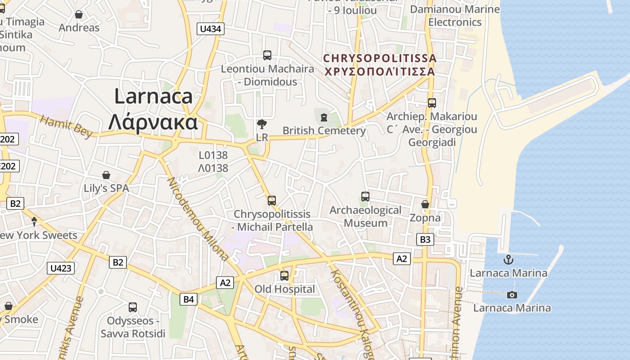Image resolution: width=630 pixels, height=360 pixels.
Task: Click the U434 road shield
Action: (x=211, y=29)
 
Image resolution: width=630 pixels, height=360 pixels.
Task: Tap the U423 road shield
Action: (x=61, y=268)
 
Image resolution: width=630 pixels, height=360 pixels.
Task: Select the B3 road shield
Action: (x=425, y=239)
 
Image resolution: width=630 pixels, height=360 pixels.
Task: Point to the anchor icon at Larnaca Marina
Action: (x=508, y=260)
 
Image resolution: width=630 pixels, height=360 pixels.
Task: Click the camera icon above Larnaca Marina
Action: (x=512, y=295)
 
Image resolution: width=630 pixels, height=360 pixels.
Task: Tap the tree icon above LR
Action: (x=261, y=124)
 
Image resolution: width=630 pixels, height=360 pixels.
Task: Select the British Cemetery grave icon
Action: (x=324, y=117)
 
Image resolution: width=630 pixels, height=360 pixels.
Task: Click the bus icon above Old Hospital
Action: (x=284, y=276)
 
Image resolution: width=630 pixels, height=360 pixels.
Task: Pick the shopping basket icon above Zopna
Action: (x=425, y=205)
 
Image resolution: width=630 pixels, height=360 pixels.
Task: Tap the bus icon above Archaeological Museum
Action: (x=365, y=197)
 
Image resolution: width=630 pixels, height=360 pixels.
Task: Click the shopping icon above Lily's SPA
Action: (x=106, y=175)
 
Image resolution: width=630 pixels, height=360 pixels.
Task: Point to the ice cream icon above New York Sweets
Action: (x=34, y=221)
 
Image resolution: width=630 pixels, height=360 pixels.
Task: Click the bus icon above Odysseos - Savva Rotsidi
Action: (x=133, y=307)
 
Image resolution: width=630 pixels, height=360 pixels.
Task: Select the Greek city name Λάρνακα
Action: (x=153, y=122)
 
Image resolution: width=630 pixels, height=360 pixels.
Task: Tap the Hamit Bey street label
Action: (x=66, y=126)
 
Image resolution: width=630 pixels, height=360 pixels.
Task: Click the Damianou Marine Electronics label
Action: (x=455, y=16)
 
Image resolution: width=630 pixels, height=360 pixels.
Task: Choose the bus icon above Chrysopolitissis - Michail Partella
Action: (x=272, y=201)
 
